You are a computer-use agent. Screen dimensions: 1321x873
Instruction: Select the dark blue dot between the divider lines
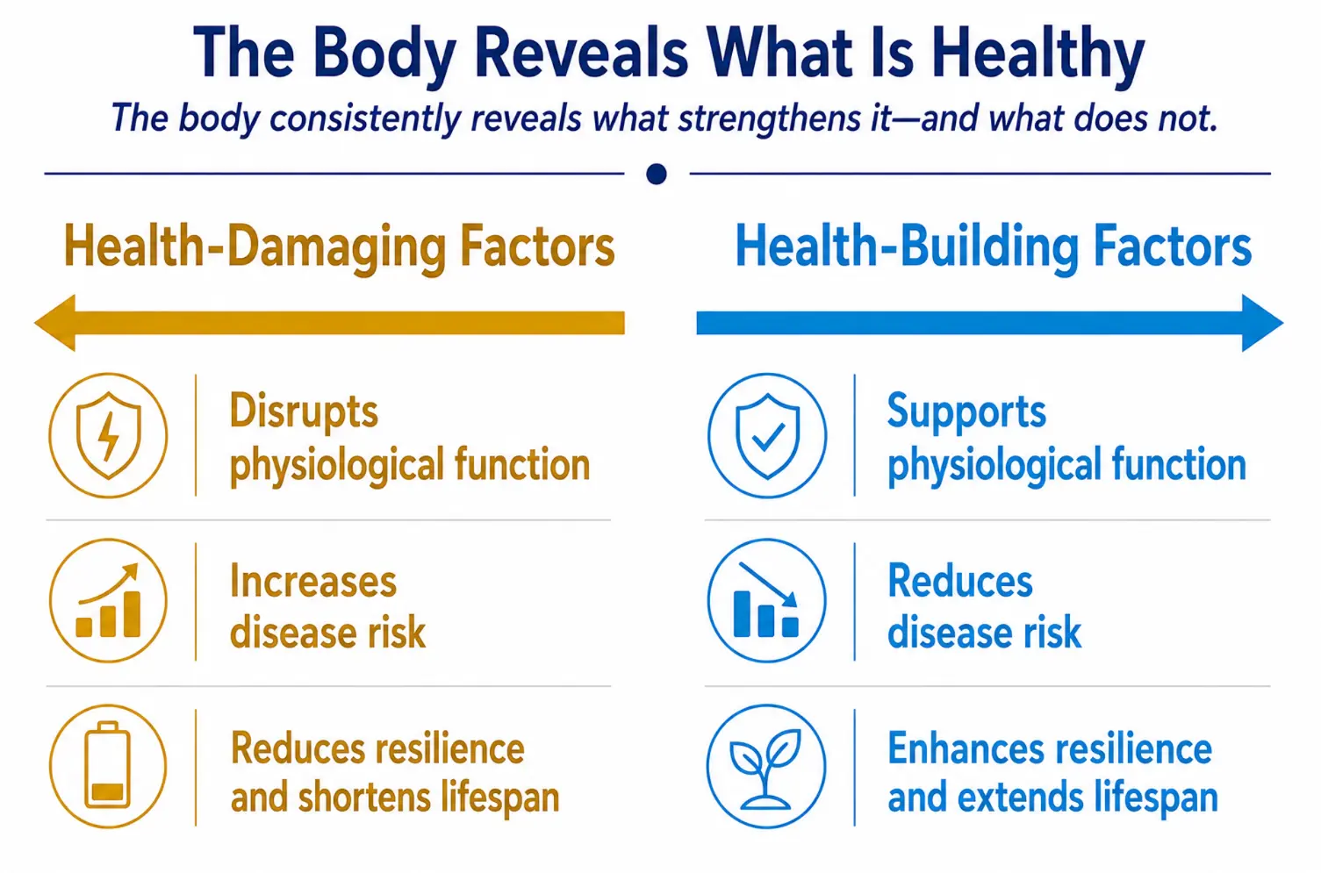(656, 174)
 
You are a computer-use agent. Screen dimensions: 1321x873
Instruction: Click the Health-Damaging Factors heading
(339, 247)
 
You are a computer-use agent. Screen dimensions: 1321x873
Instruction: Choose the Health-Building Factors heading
(993, 247)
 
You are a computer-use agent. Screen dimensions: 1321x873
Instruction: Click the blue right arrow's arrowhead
(1262, 322)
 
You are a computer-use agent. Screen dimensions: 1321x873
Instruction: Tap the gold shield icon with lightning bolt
(108, 435)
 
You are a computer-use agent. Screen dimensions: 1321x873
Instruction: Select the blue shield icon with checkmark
(766, 435)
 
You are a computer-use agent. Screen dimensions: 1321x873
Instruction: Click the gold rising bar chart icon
(108, 600)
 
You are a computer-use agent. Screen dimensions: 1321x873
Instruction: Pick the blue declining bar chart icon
(766, 600)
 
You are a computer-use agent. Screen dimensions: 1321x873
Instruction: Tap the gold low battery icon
(108, 766)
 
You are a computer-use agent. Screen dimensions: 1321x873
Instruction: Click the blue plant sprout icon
(766, 766)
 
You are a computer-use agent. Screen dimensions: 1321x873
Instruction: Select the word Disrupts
(304, 413)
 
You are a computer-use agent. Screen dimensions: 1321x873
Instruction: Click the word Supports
(966, 413)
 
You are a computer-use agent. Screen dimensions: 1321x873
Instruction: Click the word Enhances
(966, 748)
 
